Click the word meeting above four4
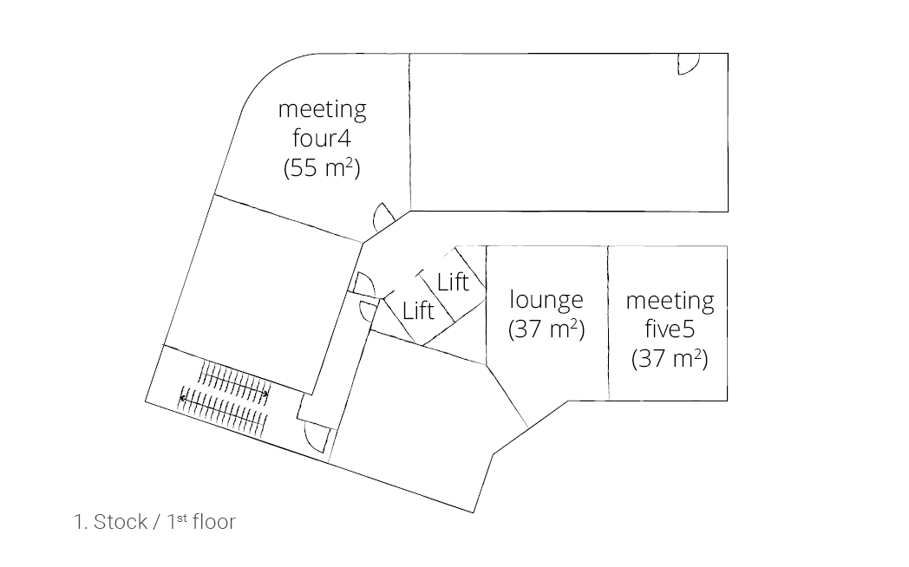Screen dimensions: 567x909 pyautogui.click(x=322, y=110)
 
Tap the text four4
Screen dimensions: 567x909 pyautogui.click(x=322, y=139)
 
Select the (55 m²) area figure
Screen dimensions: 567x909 pyautogui.click(x=322, y=167)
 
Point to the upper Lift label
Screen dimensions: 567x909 pyautogui.click(x=453, y=282)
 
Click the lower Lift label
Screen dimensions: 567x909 pyautogui.click(x=418, y=310)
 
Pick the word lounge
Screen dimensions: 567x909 pyautogui.click(x=546, y=300)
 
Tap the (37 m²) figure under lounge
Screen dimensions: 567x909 pyautogui.click(x=546, y=329)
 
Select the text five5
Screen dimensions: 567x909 pyautogui.click(x=670, y=329)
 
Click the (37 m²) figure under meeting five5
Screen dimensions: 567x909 pyautogui.click(x=670, y=358)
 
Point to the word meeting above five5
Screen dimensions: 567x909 pyautogui.click(x=670, y=301)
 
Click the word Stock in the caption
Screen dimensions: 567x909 pyautogui.click(x=121, y=522)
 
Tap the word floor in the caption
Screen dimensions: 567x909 pyautogui.click(x=213, y=522)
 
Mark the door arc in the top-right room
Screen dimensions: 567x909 pyautogui.click(x=689, y=65)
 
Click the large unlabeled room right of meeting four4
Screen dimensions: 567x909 pyautogui.click(x=568, y=132)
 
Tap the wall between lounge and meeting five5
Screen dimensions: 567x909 pyautogui.click(x=608, y=323)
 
